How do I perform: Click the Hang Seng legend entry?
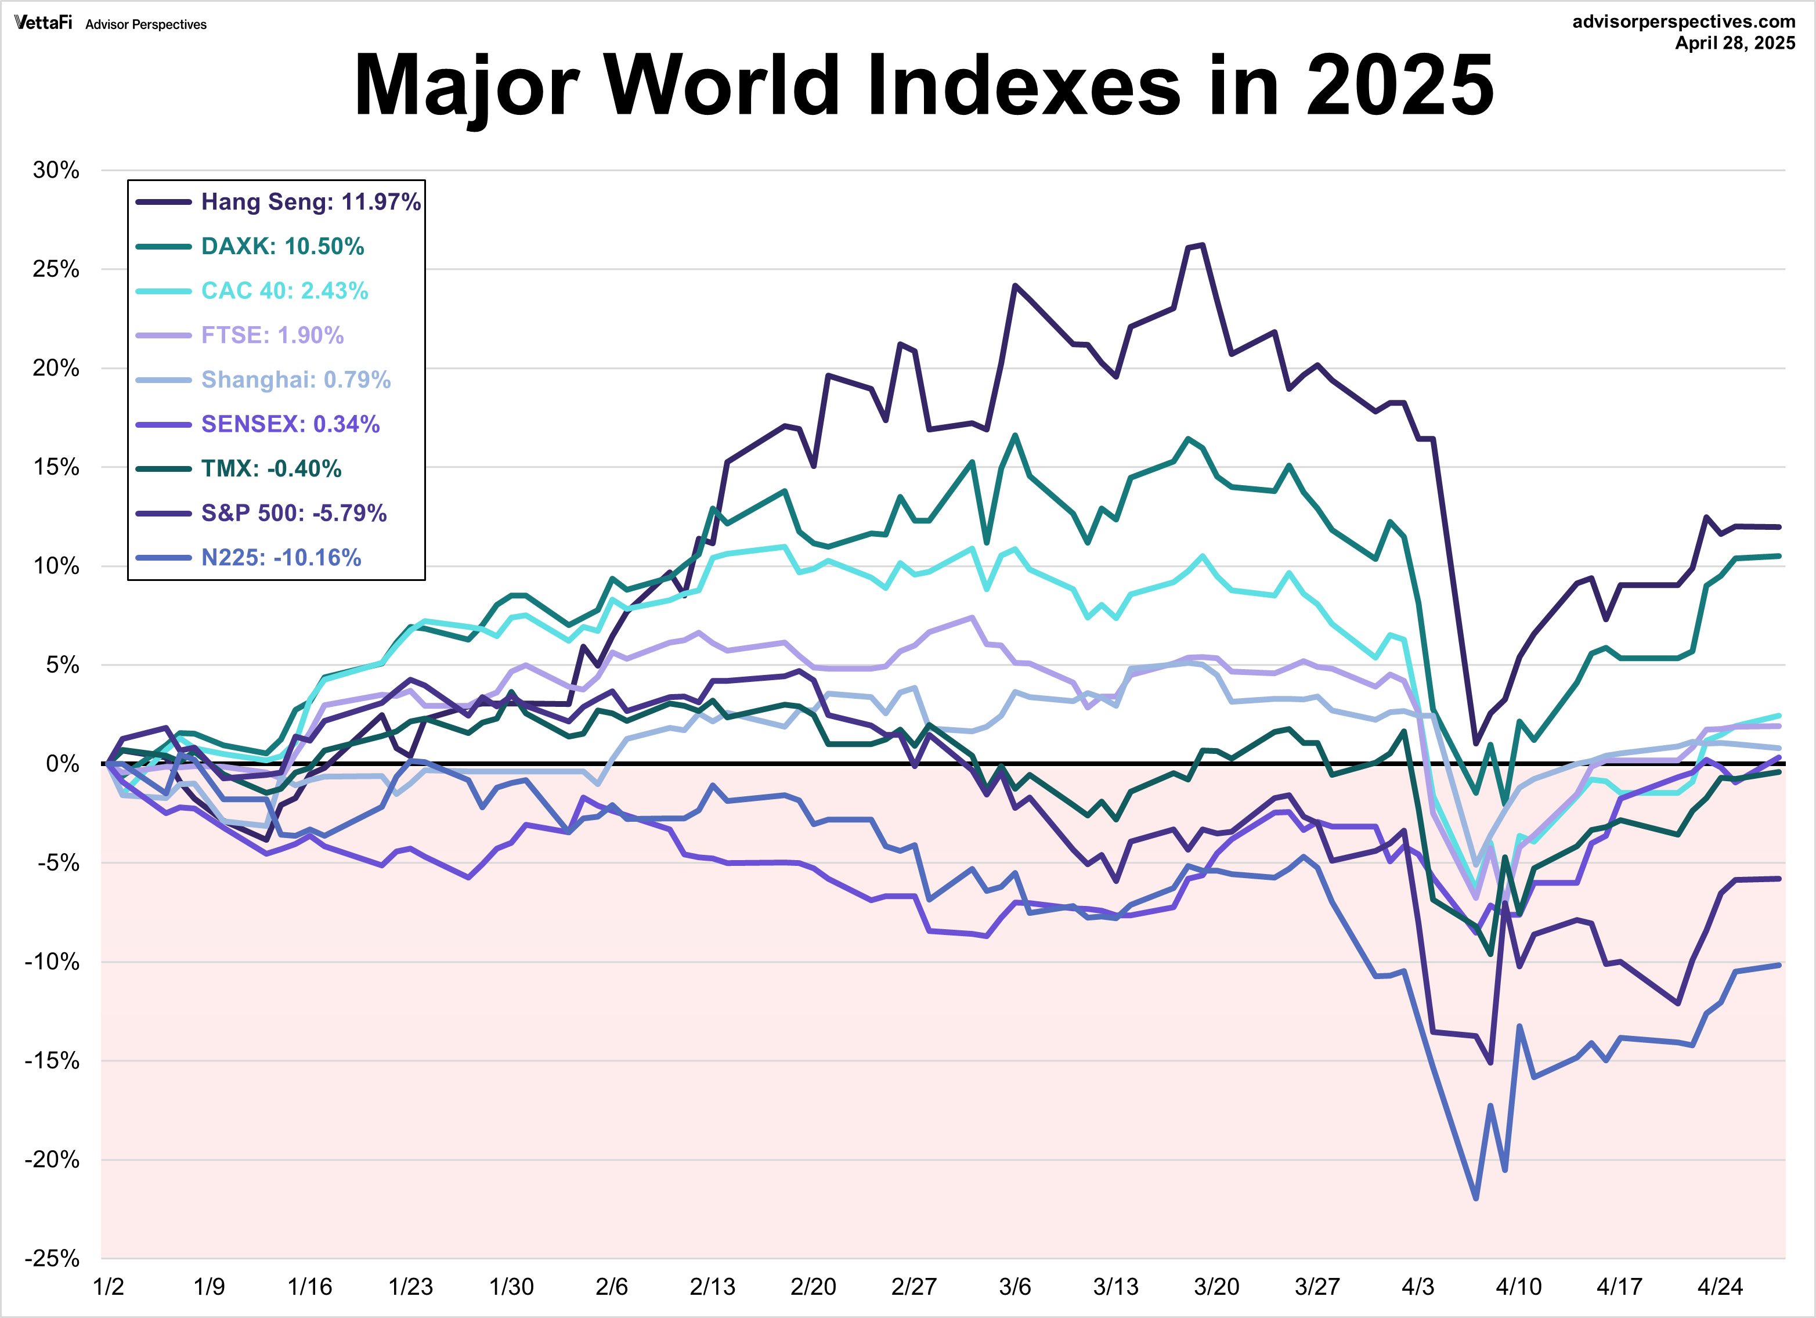(310, 202)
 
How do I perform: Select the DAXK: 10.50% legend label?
(282, 246)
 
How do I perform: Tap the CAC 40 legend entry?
(284, 291)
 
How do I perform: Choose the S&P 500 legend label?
(293, 512)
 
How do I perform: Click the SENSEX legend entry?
(290, 424)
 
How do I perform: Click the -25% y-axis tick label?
(53, 1258)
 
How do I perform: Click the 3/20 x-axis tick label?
(1216, 1287)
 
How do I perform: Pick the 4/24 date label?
(1720, 1287)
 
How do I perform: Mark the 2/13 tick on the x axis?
(713, 1287)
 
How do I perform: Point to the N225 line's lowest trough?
(1476, 1198)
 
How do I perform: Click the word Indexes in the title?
(1023, 85)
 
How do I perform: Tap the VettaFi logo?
(43, 23)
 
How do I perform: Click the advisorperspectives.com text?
(1684, 21)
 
